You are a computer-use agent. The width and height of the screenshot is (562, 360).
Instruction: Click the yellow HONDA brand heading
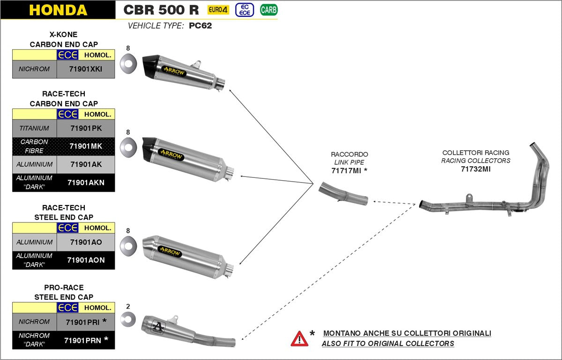[58, 10]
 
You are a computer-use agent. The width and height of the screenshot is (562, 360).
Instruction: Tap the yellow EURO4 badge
[218, 9]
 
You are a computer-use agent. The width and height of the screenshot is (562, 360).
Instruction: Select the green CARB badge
[268, 9]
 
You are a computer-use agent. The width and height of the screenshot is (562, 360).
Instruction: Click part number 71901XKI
[85, 69]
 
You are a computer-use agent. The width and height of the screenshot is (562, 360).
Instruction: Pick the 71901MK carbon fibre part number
[85, 146]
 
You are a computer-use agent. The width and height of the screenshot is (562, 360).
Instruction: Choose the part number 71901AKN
[86, 183]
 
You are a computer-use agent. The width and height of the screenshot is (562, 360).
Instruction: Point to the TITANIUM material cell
[34, 128]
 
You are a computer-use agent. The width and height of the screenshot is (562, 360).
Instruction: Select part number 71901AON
[86, 260]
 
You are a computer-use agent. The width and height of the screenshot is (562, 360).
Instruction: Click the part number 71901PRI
[82, 322]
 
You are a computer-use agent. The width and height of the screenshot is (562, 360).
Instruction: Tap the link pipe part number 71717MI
[346, 171]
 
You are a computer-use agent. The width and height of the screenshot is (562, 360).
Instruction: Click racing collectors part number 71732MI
[475, 169]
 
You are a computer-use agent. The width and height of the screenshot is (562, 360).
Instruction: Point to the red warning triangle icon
[299, 338]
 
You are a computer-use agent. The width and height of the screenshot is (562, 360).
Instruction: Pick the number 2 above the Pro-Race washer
[128, 307]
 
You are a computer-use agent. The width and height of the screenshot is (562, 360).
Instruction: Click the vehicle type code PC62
[200, 26]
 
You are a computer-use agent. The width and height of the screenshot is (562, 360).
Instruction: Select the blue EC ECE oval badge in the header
[244, 9]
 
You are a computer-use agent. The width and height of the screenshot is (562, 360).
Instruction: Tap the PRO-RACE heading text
[63, 288]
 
